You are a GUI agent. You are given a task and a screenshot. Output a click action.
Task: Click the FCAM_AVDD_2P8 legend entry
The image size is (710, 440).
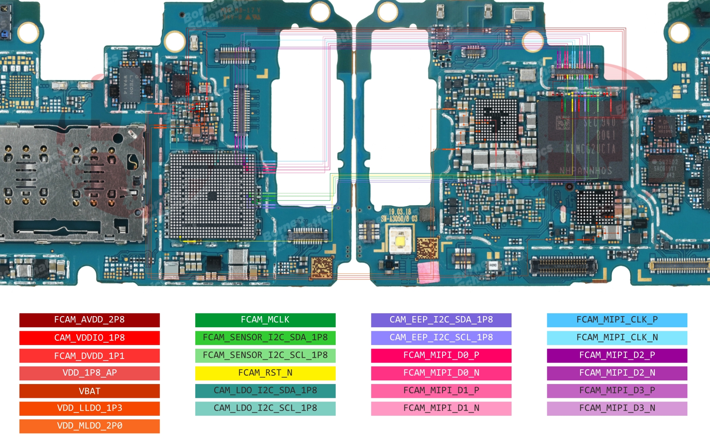[x=89, y=320]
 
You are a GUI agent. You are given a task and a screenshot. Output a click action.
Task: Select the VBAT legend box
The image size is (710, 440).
[x=89, y=391]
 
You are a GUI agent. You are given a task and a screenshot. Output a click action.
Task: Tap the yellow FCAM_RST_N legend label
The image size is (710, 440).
[x=265, y=373]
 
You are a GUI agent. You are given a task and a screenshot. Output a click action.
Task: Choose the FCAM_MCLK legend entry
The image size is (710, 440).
[x=265, y=320]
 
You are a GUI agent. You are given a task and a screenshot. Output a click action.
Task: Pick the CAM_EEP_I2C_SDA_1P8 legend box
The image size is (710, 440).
[x=441, y=320]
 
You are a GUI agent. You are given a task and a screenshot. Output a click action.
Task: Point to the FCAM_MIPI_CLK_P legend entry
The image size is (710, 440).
[x=617, y=320]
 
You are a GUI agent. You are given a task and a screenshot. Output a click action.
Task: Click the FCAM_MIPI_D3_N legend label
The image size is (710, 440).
[x=617, y=408]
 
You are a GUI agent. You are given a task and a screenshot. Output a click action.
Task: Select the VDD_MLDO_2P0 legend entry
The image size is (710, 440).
[x=89, y=426]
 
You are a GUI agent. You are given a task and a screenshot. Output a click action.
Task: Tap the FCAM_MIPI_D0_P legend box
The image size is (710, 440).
[x=441, y=355]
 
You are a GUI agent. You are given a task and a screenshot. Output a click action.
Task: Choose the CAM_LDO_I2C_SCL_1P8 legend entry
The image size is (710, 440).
[x=265, y=408]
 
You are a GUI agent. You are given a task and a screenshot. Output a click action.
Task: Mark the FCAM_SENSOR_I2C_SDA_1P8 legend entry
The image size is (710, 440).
[x=265, y=338]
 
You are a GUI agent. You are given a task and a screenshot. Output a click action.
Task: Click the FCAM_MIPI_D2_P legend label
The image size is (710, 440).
[x=617, y=355]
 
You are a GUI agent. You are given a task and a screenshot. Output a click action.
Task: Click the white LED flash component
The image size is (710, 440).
[x=400, y=241]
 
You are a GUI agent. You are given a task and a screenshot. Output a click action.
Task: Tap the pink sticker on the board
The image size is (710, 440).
[x=429, y=272]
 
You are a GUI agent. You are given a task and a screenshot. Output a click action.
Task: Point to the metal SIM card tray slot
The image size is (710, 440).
[x=71, y=183]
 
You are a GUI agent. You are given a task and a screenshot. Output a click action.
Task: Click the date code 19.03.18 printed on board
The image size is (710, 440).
[x=400, y=212]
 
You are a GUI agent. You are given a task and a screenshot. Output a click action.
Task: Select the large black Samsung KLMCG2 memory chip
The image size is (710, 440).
[x=583, y=139]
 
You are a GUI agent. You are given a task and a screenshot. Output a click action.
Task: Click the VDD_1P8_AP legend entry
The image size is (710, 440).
[x=89, y=373]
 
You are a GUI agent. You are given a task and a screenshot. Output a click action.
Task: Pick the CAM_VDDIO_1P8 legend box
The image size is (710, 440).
[x=89, y=338]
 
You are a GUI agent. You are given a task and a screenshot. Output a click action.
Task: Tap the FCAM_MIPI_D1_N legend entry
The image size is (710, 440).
[x=441, y=408]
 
